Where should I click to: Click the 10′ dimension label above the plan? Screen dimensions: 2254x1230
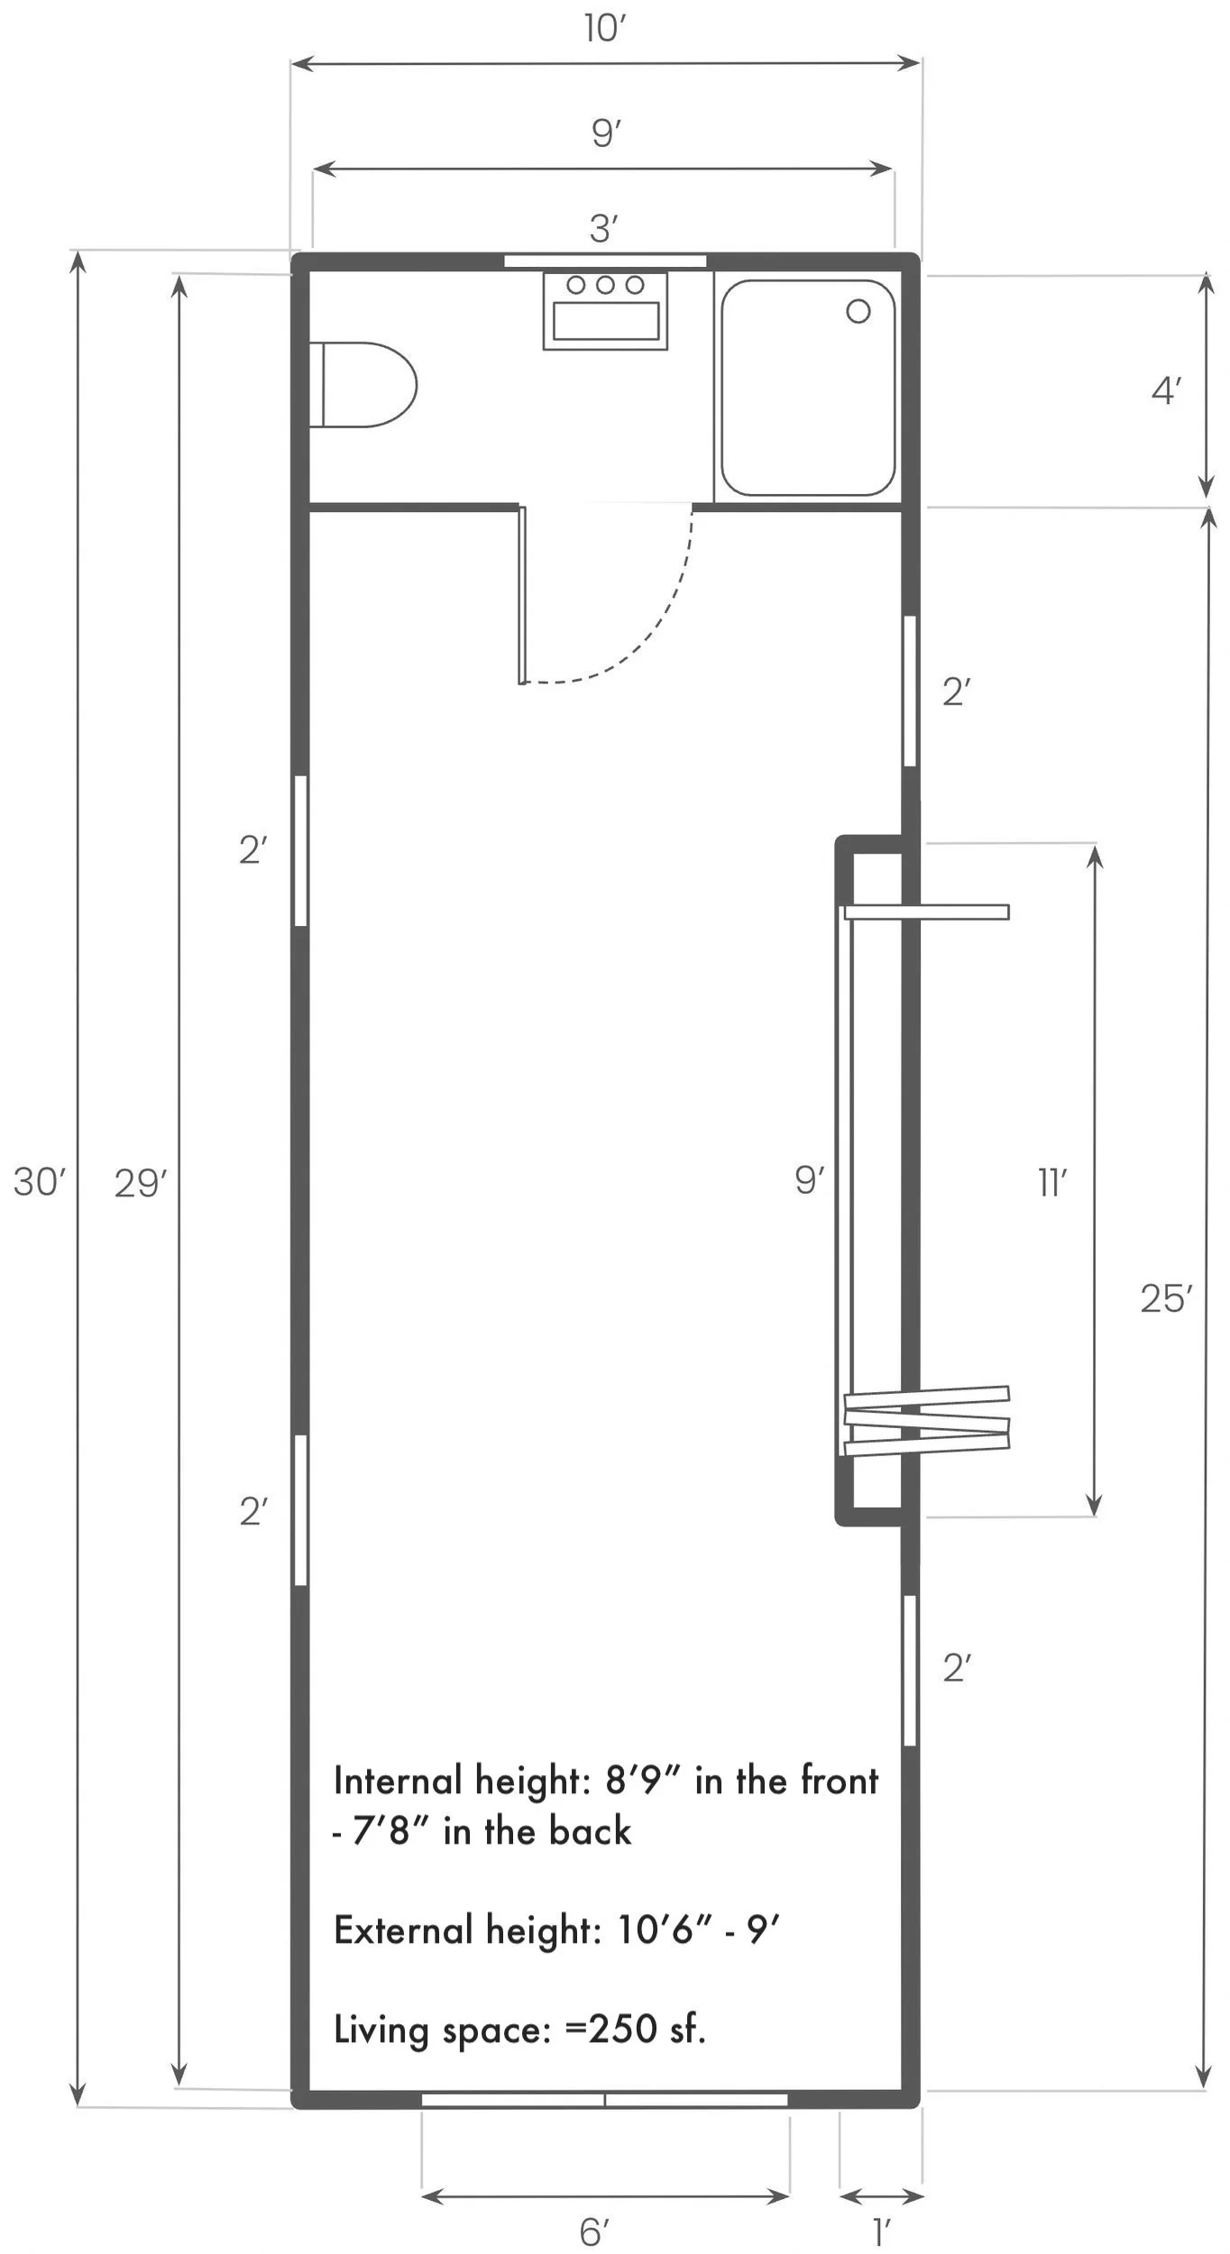tap(604, 29)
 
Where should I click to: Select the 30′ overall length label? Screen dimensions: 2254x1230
tap(39, 1182)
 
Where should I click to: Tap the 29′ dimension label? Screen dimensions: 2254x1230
tap(140, 1184)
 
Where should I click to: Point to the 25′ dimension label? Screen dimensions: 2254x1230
tap(1165, 1299)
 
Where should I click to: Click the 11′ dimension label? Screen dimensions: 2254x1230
tap(1052, 1183)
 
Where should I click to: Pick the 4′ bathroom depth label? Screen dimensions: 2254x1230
tap(1166, 391)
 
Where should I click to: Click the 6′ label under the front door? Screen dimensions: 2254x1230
tap(594, 2232)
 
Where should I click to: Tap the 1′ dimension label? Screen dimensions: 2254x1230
tap(881, 2232)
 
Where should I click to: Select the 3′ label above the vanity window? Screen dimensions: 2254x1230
tap(603, 229)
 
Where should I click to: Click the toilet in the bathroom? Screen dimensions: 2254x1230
tap(365, 385)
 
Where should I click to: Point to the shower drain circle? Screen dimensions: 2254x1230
tap(858, 312)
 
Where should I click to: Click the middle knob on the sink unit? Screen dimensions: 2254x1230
tap(605, 285)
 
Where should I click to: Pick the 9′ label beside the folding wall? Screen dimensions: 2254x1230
tap(809, 1180)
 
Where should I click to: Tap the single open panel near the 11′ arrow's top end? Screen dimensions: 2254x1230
tap(927, 912)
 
